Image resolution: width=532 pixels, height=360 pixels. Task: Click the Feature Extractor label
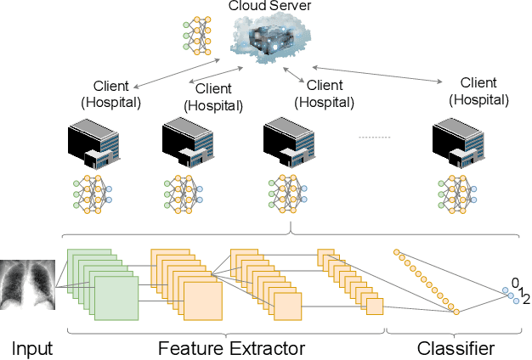(x=231, y=348)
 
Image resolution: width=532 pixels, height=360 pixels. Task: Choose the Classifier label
(x=456, y=348)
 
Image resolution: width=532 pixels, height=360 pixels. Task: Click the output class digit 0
(x=514, y=283)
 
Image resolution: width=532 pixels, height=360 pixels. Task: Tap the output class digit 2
(x=526, y=299)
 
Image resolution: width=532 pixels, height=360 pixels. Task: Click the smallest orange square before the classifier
(x=375, y=307)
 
